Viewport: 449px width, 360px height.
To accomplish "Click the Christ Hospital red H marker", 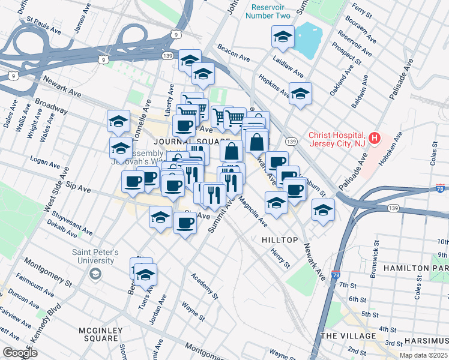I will pos(375,139).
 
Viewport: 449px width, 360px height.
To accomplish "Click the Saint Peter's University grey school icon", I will pos(95,274).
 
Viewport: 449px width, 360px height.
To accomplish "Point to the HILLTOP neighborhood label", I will pos(280,239).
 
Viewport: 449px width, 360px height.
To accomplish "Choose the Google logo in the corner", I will pos(20,353).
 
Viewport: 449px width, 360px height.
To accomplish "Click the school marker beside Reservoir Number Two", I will pos(283,37).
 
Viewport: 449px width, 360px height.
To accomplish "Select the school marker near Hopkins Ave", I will pos(301,94).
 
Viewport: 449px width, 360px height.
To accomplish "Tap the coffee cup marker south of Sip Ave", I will pos(185,223).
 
